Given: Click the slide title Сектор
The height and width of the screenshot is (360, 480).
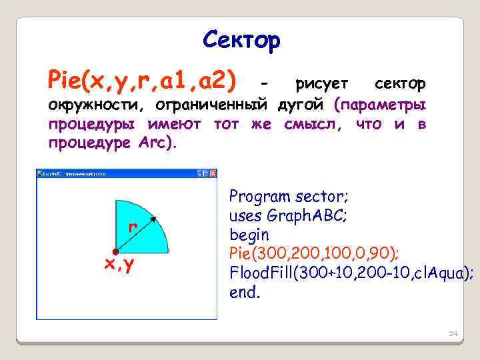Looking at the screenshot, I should (x=241, y=41).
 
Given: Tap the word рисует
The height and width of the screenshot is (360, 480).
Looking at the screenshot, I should (x=321, y=84).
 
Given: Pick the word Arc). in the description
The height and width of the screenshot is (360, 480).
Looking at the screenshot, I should (x=157, y=143).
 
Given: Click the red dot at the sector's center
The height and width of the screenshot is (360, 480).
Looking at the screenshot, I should (x=115, y=252).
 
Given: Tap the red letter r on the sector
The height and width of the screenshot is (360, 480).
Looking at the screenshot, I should (x=133, y=227).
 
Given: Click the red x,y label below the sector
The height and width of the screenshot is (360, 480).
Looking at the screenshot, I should (x=118, y=265).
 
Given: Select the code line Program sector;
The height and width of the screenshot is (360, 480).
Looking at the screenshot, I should (x=289, y=197).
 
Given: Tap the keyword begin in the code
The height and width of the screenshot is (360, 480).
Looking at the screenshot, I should (x=249, y=235).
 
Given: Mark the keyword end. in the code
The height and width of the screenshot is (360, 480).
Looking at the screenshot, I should (x=244, y=292).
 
